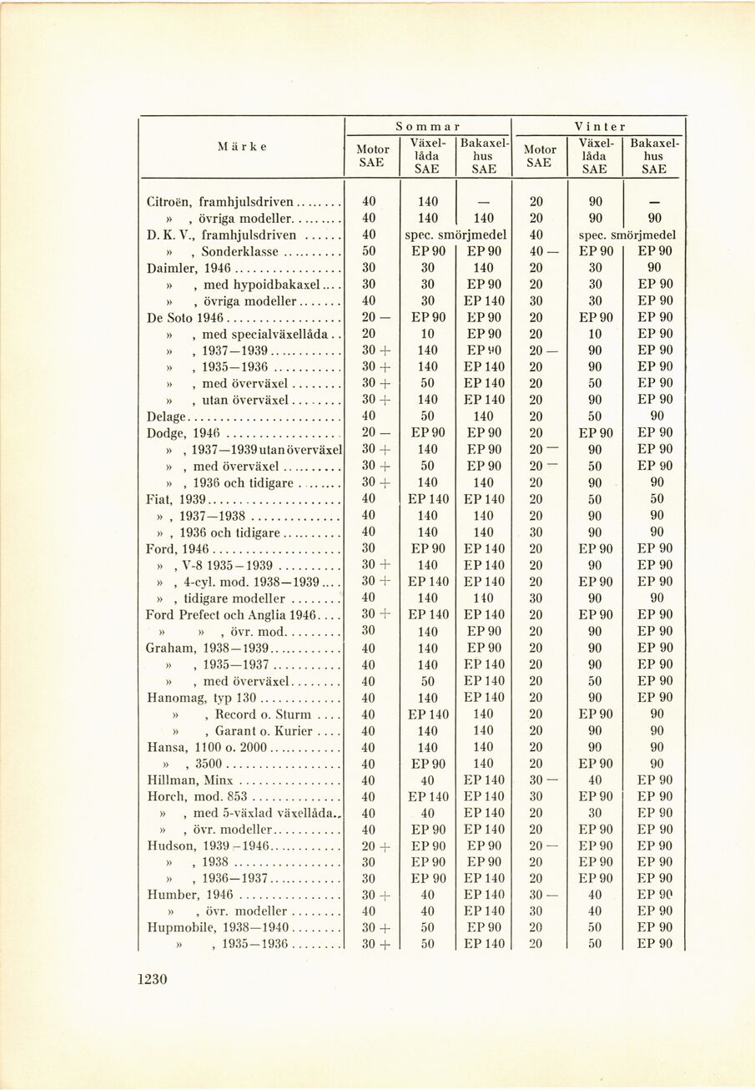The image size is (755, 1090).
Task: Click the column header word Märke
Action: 242,146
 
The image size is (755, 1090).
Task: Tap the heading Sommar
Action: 427,126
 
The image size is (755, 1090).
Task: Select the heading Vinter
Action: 599,126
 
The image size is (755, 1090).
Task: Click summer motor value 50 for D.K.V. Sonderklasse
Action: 368,251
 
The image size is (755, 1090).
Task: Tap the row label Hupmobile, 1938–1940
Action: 217,928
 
